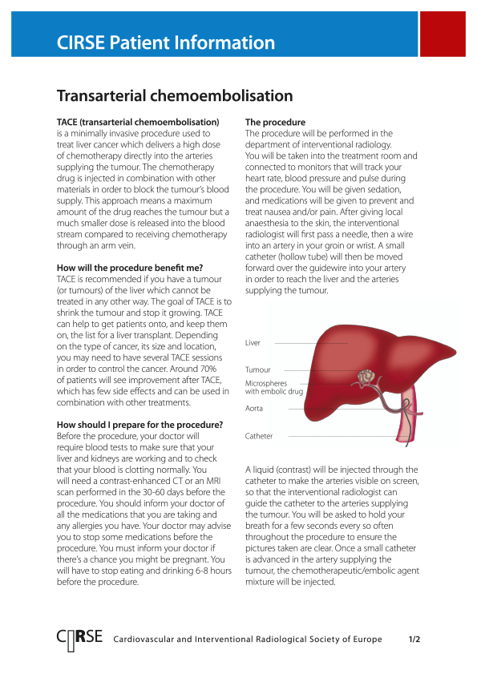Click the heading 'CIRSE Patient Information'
(x=166, y=43)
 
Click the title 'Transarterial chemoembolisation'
(x=175, y=96)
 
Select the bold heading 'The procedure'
(x=275, y=123)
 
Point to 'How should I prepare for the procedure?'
(x=139, y=424)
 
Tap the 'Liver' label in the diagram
(x=253, y=343)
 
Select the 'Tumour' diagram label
(x=257, y=369)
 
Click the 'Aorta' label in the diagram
(x=254, y=409)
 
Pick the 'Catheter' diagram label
(x=259, y=436)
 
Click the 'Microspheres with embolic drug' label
(x=273, y=387)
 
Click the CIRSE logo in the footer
(x=79, y=639)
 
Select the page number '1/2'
(x=414, y=640)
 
